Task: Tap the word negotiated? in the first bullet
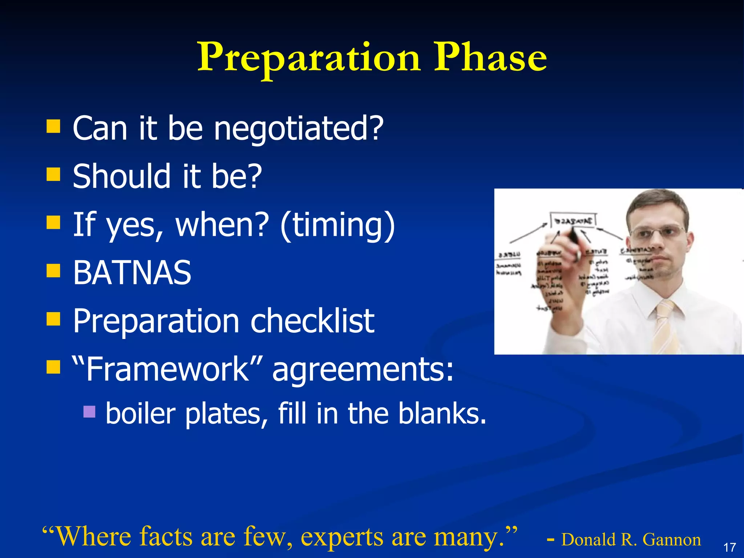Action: tap(299, 129)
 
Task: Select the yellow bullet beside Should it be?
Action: tap(53, 174)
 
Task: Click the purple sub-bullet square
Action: tap(89, 412)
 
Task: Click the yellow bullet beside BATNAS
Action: tap(53, 271)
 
